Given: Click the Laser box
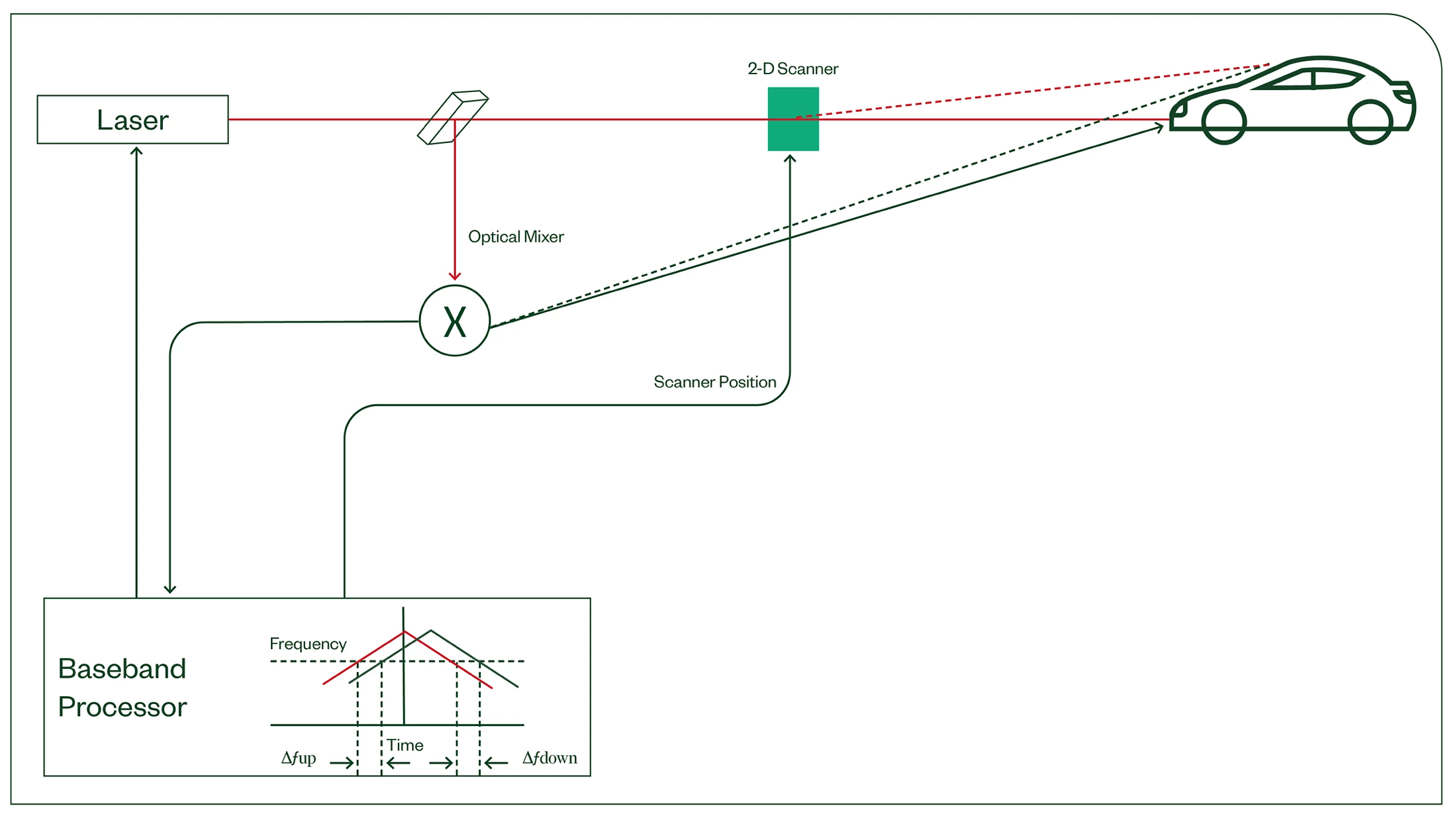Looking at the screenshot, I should click(x=132, y=120).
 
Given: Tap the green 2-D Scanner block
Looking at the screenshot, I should click(x=793, y=119).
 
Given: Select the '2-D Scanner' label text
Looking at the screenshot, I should click(x=793, y=69).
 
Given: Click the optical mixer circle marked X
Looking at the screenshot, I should click(x=455, y=321).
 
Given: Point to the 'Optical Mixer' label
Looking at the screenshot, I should click(x=516, y=237).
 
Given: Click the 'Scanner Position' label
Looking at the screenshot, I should click(x=714, y=382).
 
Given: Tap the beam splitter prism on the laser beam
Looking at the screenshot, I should click(x=453, y=117).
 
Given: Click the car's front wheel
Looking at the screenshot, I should click(x=1224, y=122).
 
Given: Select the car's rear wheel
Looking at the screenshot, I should click(x=1369, y=122).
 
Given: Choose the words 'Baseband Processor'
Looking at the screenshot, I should click(x=122, y=688).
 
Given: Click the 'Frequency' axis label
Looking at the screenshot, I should click(x=308, y=644).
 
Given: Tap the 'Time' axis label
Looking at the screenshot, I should click(x=405, y=745).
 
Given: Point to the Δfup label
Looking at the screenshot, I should click(x=299, y=758).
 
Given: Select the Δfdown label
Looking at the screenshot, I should click(x=550, y=758).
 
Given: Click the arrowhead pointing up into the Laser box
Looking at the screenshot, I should click(x=136, y=151).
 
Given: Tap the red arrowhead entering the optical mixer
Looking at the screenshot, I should click(x=455, y=276).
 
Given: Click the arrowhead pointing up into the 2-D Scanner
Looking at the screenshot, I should click(x=789, y=159).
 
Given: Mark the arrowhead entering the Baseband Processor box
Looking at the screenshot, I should click(x=170, y=589).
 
